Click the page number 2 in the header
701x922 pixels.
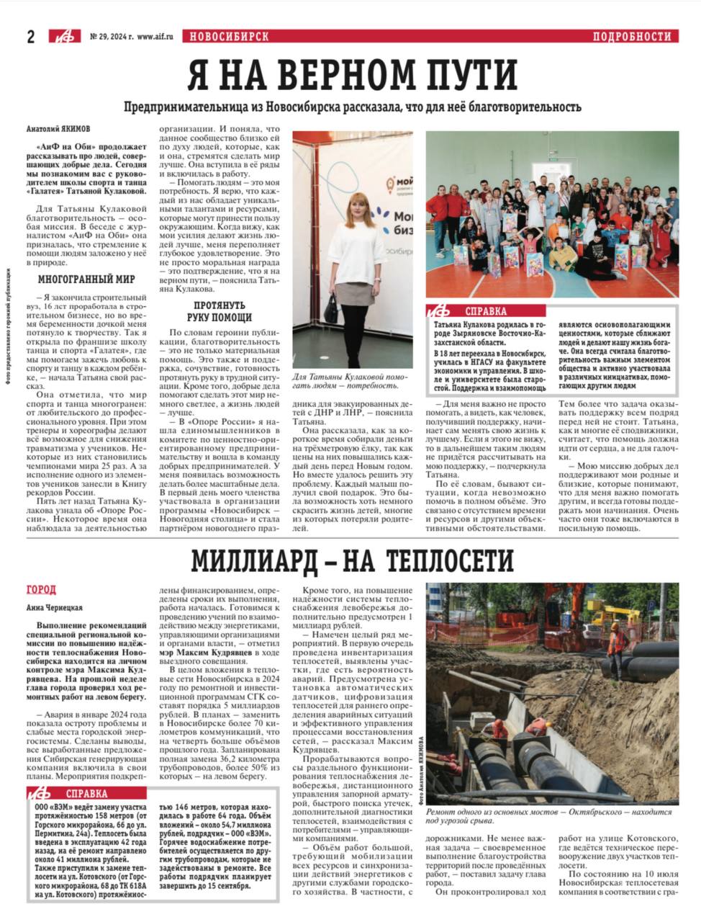click(x=31, y=37)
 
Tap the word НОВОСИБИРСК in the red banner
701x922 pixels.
click(x=226, y=37)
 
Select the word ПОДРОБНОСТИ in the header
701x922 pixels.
click(x=632, y=37)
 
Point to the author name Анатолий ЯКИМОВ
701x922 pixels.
click(x=58, y=130)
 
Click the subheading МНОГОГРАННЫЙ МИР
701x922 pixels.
click(x=76, y=279)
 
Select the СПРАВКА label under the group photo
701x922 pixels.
click(x=486, y=312)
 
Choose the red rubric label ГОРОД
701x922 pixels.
click(x=40, y=590)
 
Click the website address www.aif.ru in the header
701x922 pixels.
click(x=155, y=37)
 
